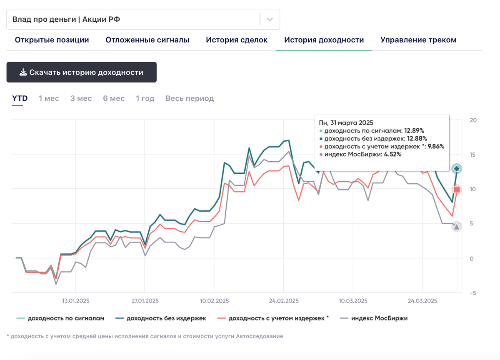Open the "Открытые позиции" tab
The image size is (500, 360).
pyautogui.click(x=52, y=40)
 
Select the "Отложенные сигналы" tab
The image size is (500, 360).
pyautogui.click(x=147, y=40)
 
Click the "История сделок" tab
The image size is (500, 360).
pyautogui.click(x=237, y=40)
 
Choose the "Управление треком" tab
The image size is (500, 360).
pyautogui.click(x=418, y=40)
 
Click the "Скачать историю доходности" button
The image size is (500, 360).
pyautogui.click(x=81, y=72)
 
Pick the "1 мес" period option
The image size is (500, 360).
pyautogui.click(x=49, y=98)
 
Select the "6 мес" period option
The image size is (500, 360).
pyautogui.click(x=114, y=98)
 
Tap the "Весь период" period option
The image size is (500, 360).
pyautogui.click(x=190, y=98)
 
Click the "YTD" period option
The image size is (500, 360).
pyautogui.click(x=20, y=98)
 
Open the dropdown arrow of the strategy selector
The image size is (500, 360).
pyautogui.click(x=270, y=19)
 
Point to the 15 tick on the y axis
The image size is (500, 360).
pyautogui.click(x=473, y=155)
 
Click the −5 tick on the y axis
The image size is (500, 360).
pyautogui.click(x=472, y=292)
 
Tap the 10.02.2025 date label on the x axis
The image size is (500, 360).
pyautogui.click(x=214, y=301)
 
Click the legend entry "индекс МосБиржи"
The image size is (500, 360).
pyautogui.click(x=379, y=318)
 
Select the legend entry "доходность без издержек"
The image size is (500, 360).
pyautogui.click(x=166, y=318)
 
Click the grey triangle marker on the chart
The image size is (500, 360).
pyautogui.click(x=457, y=227)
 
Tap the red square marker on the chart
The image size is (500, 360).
pyautogui.click(x=457, y=190)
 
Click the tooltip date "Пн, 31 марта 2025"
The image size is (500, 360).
pyautogui.click(x=346, y=122)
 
